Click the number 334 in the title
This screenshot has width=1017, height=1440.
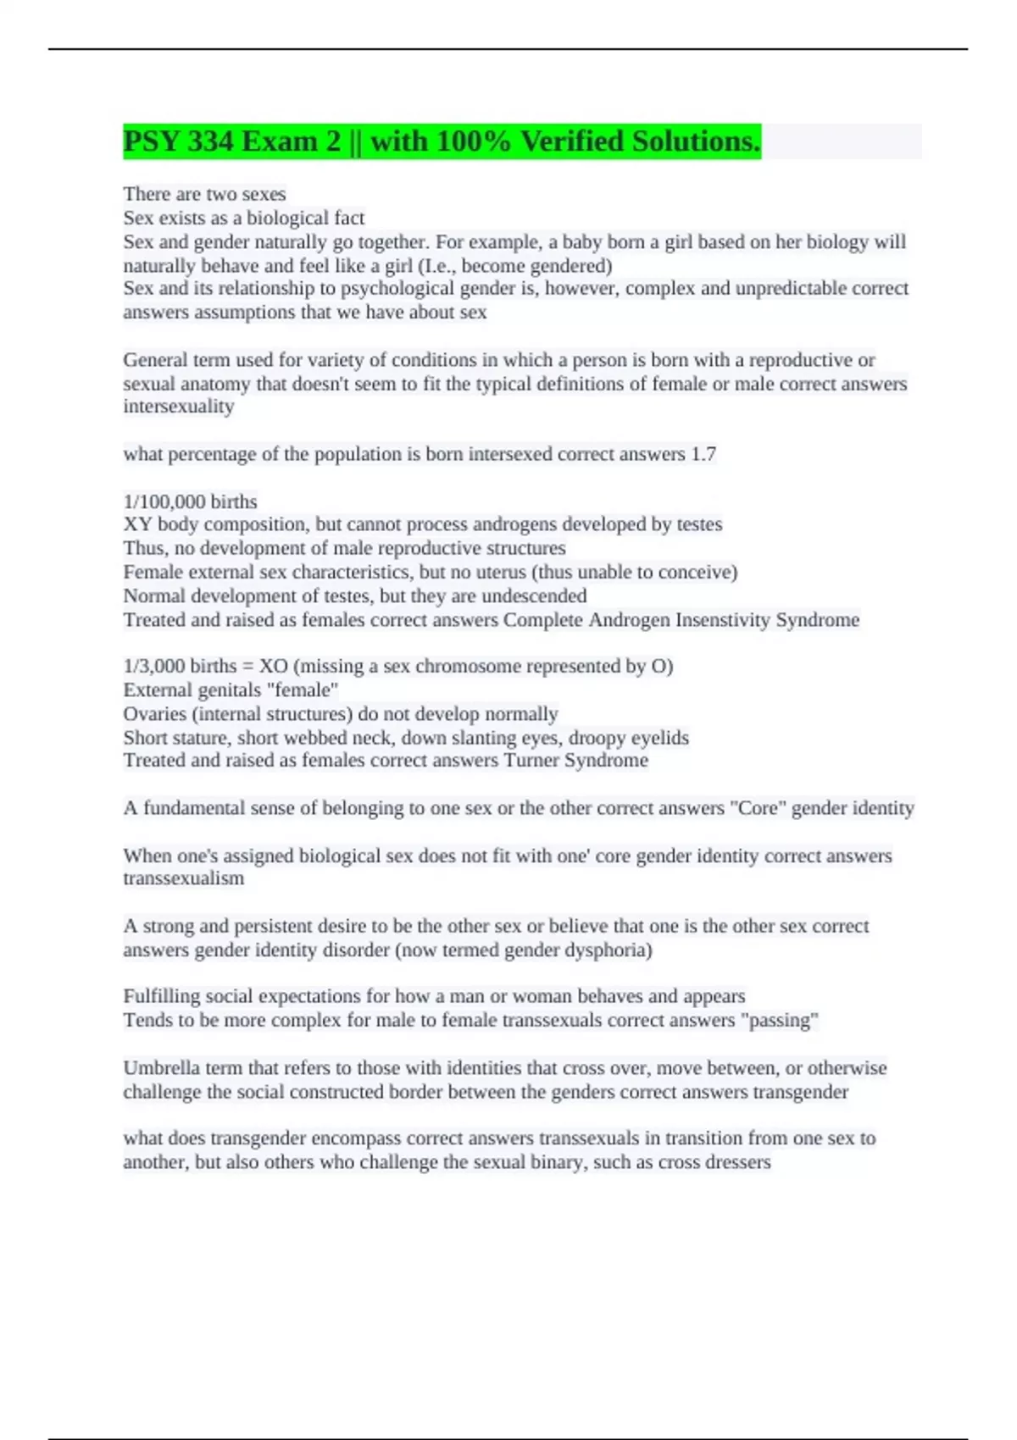click(x=210, y=141)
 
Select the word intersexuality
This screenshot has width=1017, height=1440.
click(x=179, y=407)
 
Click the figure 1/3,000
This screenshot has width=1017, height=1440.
click(x=153, y=666)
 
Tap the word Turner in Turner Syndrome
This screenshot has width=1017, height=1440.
click(x=531, y=760)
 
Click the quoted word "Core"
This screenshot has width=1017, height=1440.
click(x=758, y=808)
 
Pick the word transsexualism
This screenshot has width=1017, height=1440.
click(x=184, y=878)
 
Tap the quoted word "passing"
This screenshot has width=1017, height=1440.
click(x=780, y=1020)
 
